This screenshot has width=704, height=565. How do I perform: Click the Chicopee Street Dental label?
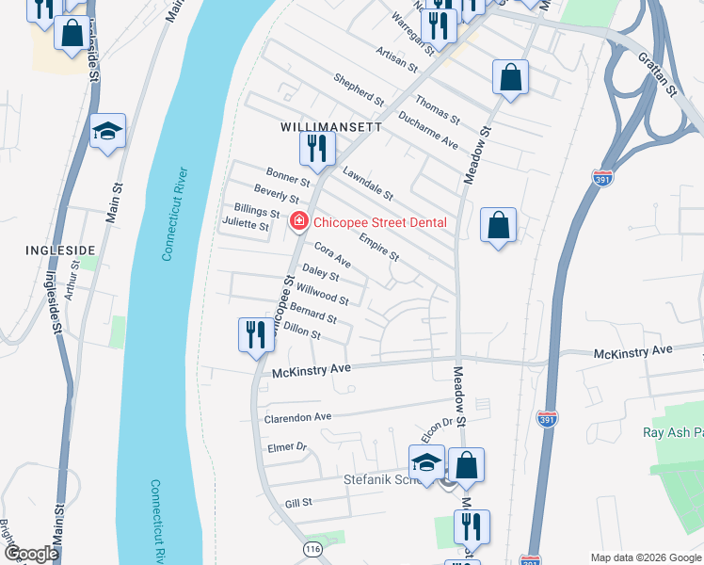click(379, 223)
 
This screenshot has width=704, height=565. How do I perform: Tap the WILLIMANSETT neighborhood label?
click(331, 126)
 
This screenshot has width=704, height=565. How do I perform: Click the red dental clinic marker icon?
click(299, 222)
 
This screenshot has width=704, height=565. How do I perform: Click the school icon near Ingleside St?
click(107, 132)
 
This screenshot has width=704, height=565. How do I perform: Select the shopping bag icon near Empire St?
click(498, 226)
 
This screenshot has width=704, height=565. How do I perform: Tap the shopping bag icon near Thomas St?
click(509, 78)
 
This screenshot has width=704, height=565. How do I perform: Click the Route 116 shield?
click(313, 547)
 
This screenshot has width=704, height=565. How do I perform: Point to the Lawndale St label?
click(367, 183)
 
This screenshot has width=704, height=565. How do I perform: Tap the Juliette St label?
click(245, 224)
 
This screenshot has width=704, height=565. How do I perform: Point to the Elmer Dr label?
click(287, 447)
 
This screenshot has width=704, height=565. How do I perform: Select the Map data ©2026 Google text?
click(644, 557)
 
